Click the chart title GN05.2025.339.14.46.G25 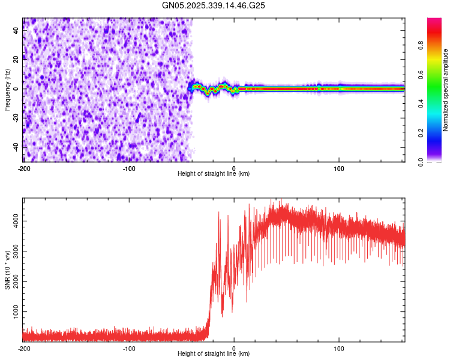(x=213, y=5)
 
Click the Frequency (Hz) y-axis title (x=7, y=89)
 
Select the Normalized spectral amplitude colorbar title (x=446, y=90)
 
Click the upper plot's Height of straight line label (x=214, y=174)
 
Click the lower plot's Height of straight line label (x=214, y=354)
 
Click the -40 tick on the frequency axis (x=16, y=147)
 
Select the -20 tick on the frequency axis (x=16, y=118)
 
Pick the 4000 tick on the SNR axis (x=16, y=221)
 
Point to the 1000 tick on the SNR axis (x=16, y=313)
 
